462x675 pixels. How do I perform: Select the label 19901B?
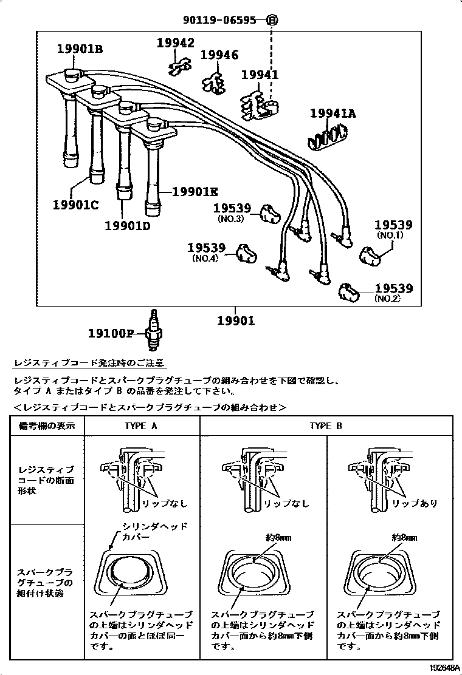80,49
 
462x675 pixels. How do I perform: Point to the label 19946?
219,56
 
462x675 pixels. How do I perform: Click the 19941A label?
333,114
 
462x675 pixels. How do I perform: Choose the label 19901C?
75,205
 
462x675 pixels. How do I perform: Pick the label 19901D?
127,226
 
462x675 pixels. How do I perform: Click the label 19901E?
195,192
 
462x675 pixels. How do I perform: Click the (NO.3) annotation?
230,219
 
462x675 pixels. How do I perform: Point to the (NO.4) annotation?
205,258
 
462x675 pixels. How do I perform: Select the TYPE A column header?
141,426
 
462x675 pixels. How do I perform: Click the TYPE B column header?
326,426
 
